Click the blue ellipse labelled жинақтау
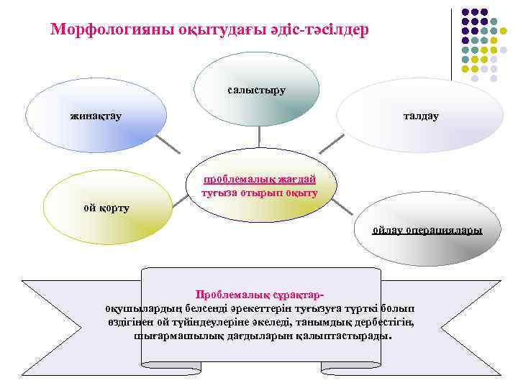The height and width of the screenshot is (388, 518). [x=96, y=115]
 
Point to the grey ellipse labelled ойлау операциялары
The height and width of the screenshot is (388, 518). [x=427, y=231]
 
